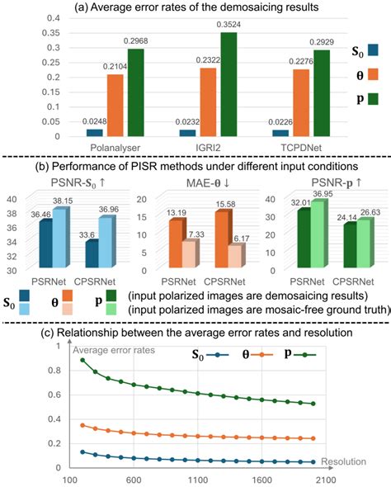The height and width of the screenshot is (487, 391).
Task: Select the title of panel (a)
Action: point(196,8)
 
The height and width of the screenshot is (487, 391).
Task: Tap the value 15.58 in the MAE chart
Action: point(225,205)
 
